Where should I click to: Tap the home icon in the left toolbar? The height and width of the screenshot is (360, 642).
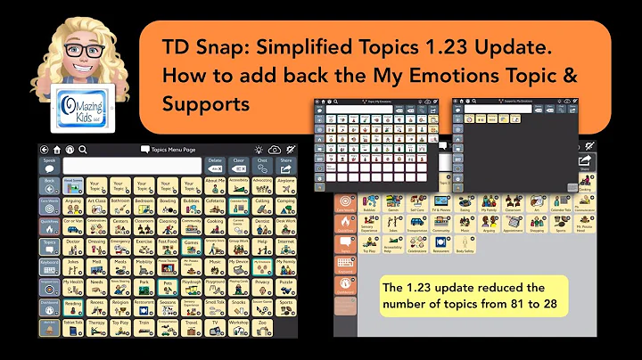click(57, 149)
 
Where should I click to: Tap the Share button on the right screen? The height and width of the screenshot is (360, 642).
click(586, 163)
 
